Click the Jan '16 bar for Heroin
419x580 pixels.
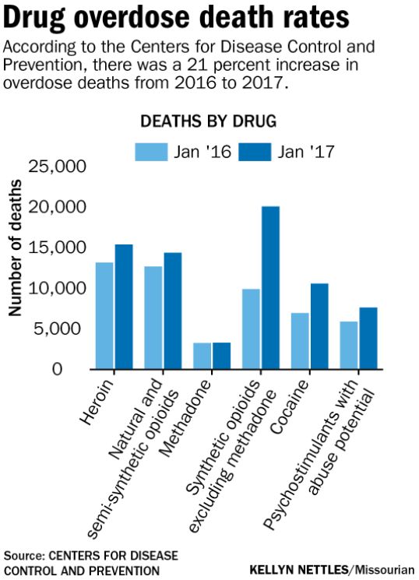click(104, 315)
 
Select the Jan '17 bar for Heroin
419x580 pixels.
click(124, 307)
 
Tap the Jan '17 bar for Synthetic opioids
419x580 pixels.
click(270, 287)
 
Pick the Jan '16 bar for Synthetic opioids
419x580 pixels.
click(251, 329)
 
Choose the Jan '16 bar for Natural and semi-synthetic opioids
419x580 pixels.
click(153, 317)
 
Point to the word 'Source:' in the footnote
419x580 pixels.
click(24, 555)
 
